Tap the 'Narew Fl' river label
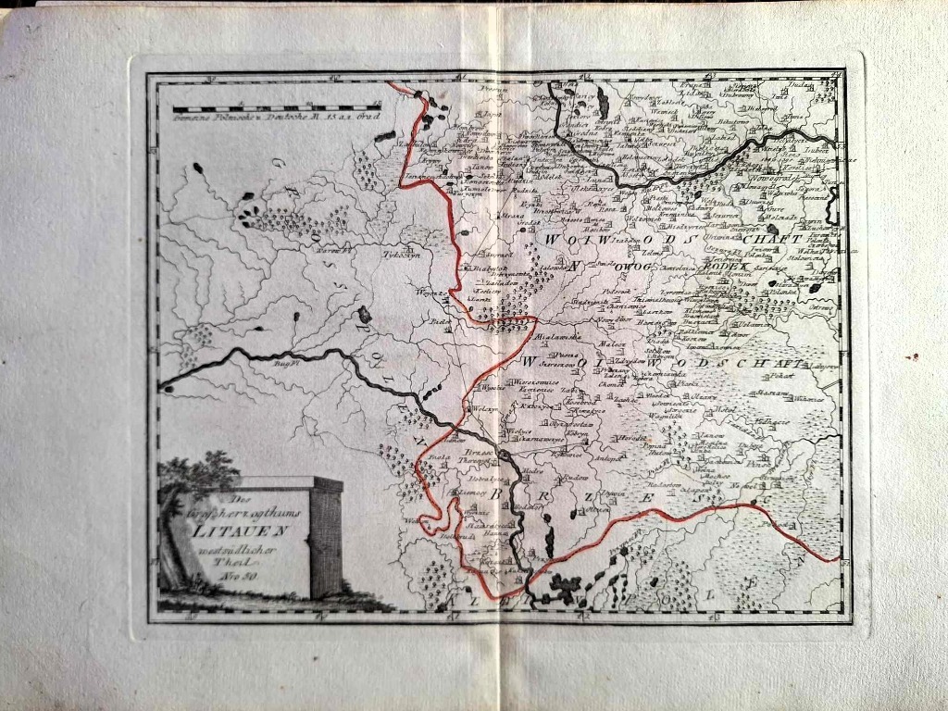pos(333,249)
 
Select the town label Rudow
pos(575,478)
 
